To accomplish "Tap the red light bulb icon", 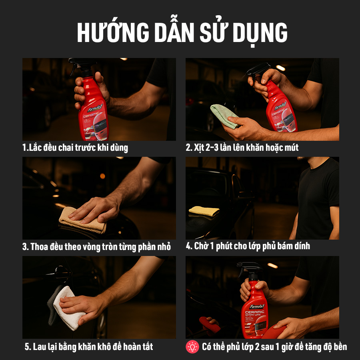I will coord(192,346).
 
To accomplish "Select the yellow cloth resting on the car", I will coord(204,211).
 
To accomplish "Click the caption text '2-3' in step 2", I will coord(209,148).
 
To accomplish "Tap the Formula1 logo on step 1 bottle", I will coord(95,109).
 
